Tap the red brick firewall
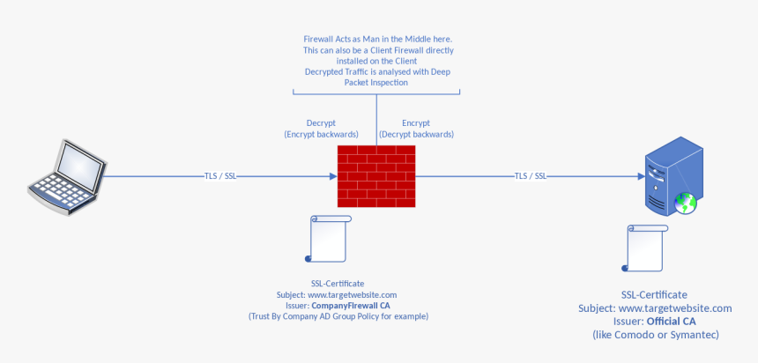coord(376,175)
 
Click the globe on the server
coord(686,204)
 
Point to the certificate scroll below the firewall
coord(328,238)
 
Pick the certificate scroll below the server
coord(644,248)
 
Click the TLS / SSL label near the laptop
coord(219,176)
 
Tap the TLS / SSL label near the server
coord(531,176)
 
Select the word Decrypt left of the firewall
coord(321,122)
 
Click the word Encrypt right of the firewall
coord(416,122)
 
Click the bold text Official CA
coord(671,322)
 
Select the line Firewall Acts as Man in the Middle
coord(376,40)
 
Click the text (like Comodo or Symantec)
coord(655,336)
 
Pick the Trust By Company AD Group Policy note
coord(338,315)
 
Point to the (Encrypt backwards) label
coord(321,134)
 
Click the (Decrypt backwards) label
coord(416,134)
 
